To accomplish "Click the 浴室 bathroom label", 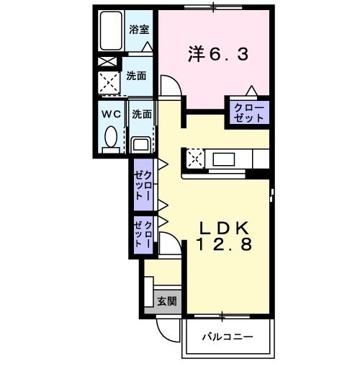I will point(140,30).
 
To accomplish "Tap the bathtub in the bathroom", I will point(111,33).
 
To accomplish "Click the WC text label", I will point(111,114).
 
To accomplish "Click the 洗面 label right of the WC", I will point(142,113).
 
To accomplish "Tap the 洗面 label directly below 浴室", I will point(137,75).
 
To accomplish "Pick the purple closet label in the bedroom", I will point(247,112).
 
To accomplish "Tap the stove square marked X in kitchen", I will point(194,158).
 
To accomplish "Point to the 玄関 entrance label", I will point(166,301).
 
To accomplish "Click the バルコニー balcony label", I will point(228,337).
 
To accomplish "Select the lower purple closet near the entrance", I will point(143,235).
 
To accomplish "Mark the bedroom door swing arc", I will point(171,89).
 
